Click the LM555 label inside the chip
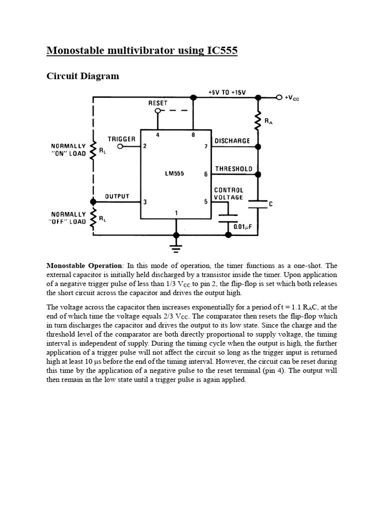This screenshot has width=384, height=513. [x=174, y=173]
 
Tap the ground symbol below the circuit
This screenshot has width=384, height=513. [x=176, y=248]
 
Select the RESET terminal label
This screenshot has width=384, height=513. [x=157, y=103]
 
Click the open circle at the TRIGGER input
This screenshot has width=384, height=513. [x=120, y=147]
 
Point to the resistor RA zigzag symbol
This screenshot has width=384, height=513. [x=258, y=120]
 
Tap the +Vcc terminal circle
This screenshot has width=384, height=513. [x=279, y=97]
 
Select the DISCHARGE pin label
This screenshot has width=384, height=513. [x=232, y=141]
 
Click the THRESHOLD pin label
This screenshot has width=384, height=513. [x=234, y=169]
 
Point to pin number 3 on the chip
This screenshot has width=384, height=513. [x=145, y=202]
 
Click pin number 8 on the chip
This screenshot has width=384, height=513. [x=193, y=134]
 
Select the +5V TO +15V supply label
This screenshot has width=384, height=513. [x=227, y=92]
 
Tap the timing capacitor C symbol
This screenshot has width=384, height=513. [x=258, y=204]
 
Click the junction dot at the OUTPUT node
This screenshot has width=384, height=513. [x=93, y=202]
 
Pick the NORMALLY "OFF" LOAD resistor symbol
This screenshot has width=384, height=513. [x=93, y=218]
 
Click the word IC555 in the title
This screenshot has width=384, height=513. [x=222, y=51]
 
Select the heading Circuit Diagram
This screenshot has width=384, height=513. [x=82, y=76]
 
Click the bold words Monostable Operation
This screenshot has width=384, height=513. [x=84, y=266]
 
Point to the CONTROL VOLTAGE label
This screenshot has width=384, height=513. [x=228, y=194]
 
